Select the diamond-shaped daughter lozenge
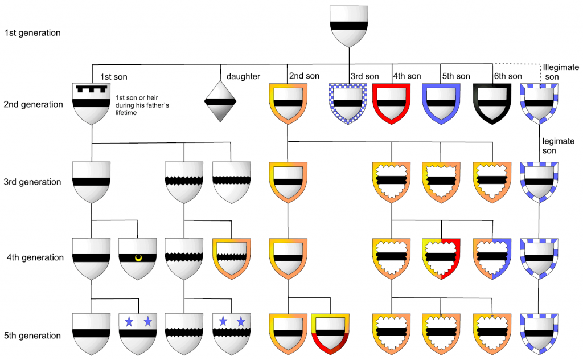(220, 101)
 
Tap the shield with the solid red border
(391, 103)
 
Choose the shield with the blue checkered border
(347, 103)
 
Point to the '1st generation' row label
(32, 33)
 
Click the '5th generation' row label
(32, 336)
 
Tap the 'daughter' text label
(244, 76)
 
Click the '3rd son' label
(364, 76)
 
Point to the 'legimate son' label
(559, 146)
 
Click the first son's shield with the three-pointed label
(92, 103)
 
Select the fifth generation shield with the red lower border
(330, 332)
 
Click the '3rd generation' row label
(32, 182)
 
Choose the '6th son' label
(508, 76)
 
